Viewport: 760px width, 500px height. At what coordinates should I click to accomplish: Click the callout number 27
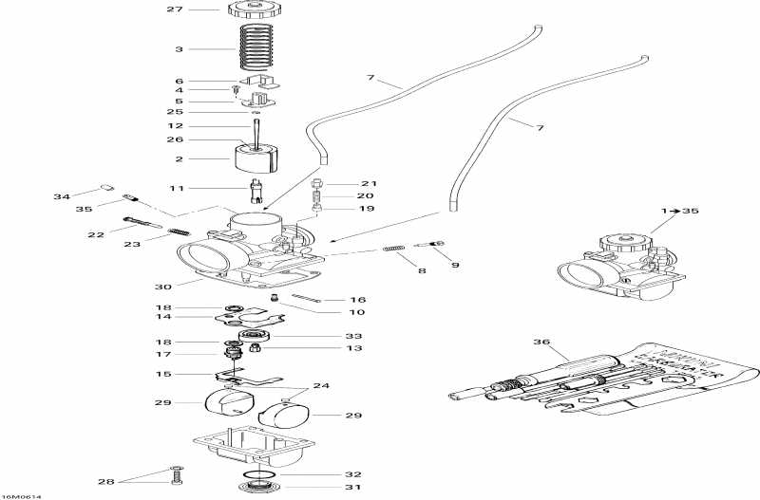click(x=174, y=9)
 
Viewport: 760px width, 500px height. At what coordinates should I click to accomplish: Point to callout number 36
click(x=541, y=342)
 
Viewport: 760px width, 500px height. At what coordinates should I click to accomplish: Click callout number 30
click(x=162, y=286)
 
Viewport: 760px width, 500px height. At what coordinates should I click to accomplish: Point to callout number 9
click(x=455, y=265)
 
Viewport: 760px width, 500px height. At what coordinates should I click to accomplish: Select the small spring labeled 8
click(x=396, y=250)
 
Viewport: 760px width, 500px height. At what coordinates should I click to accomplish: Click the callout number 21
click(x=369, y=183)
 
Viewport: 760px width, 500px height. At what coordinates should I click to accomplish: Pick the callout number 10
click(x=356, y=311)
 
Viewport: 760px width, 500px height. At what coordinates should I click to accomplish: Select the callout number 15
click(x=164, y=374)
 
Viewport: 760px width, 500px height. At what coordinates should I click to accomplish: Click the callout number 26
click(x=174, y=139)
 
